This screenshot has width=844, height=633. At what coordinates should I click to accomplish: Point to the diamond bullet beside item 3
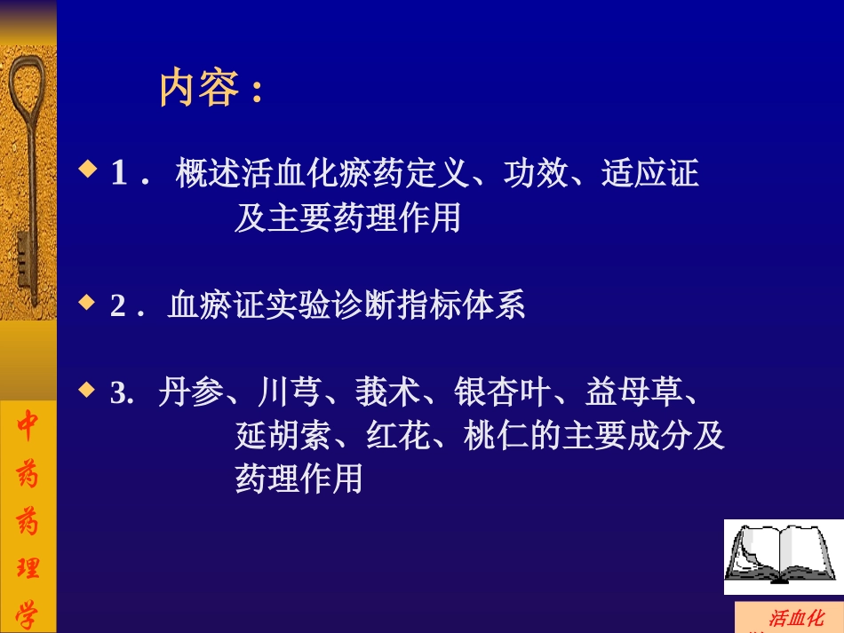[87, 389]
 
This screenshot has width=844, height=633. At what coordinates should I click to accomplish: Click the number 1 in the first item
[118, 173]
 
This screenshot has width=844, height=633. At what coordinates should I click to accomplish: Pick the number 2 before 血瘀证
[118, 306]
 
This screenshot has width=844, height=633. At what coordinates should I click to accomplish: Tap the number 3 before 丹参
[117, 394]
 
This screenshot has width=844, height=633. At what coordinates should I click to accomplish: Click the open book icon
[782, 556]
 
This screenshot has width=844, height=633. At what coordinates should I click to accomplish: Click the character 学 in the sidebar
[28, 612]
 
